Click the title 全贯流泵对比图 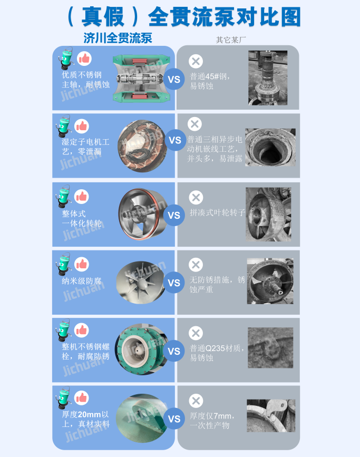225,17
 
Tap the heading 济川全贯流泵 118,38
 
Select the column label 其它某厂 231,40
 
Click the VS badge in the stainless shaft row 174,79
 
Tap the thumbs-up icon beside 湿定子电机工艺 82,126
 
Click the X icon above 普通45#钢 196,62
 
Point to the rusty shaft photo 268,78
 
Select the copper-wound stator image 142,146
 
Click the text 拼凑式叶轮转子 218,212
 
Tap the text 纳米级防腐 82,281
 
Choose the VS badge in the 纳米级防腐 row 174,283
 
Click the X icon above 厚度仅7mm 196,401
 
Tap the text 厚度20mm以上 85,419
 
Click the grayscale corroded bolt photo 270,348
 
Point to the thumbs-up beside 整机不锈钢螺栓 82,330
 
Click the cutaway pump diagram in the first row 141,78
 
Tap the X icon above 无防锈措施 196,265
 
